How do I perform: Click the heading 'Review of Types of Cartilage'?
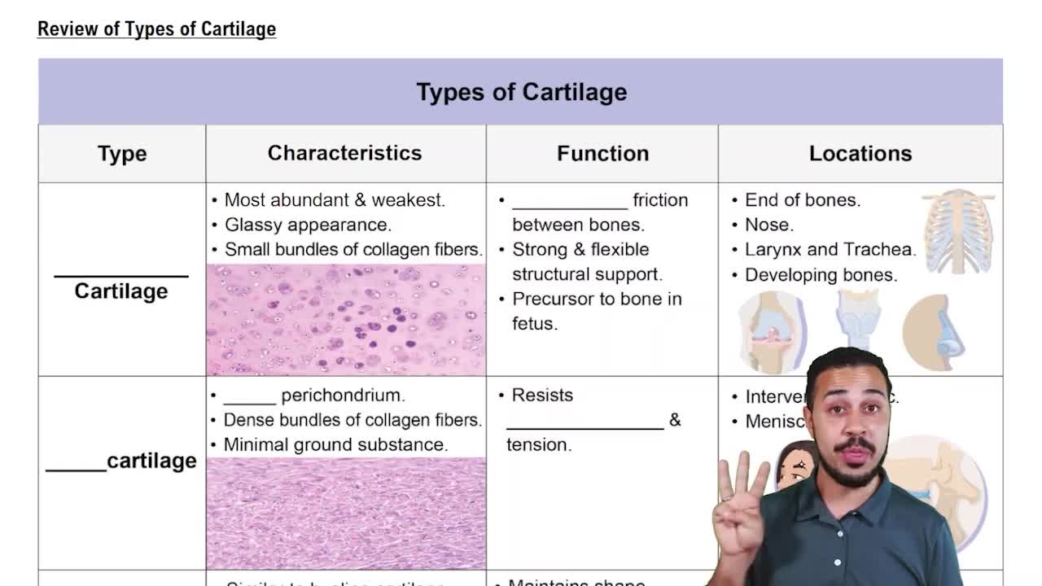[x=156, y=29]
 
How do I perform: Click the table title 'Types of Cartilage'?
[x=521, y=92]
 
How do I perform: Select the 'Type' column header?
[x=122, y=154]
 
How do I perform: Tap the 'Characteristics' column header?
[x=344, y=153]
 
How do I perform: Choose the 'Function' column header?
[x=602, y=154]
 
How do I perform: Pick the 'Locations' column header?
[x=860, y=154]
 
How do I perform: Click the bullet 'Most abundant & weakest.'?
[x=334, y=200]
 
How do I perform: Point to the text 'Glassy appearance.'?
[x=308, y=225]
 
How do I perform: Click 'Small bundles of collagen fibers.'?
[x=353, y=250]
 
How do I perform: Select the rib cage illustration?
[x=958, y=232]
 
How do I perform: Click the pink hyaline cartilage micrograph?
[x=346, y=319]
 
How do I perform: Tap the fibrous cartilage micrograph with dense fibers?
[x=346, y=513]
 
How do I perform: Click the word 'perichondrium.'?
[x=343, y=396]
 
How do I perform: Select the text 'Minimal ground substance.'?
[x=335, y=445]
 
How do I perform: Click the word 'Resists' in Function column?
[x=542, y=396]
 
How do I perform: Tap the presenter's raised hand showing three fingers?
[x=740, y=505]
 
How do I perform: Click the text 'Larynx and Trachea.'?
[x=830, y=250]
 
